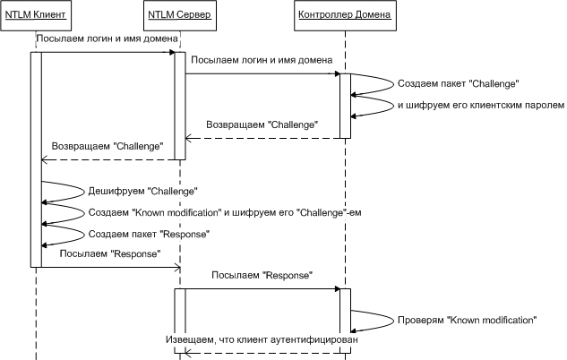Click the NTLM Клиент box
(36, 15)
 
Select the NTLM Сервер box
(179, 15)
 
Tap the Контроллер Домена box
(344, 15)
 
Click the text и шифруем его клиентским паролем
(481, 106)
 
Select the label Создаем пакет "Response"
(148, 234)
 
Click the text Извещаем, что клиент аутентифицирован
(261, 341)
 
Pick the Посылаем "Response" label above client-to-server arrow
(109, 254)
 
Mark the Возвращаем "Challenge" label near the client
(108, 145)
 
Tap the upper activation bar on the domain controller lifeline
(344, 106)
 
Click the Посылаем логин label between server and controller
(262, 60)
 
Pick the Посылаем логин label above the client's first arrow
(107, 39)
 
